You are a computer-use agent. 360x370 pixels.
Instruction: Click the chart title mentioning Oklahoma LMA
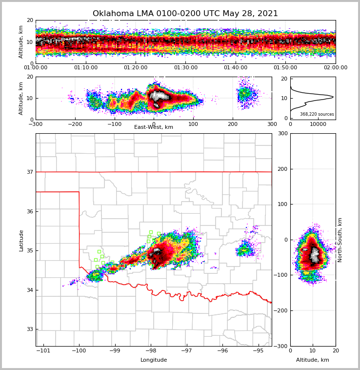(185, 14)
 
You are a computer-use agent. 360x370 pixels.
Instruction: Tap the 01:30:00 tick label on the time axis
(185, 68)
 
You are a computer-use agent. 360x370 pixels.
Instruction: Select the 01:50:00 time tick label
(285, 68)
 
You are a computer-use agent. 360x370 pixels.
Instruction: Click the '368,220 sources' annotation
(317, 114)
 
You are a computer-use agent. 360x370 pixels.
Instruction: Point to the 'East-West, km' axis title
(154, 127)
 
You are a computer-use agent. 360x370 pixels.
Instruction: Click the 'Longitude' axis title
(154, 360)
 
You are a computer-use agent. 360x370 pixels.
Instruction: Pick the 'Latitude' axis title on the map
(21, 240)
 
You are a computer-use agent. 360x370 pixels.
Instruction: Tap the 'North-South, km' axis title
(340, 240)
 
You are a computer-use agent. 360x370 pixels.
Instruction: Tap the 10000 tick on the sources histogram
(318, 124)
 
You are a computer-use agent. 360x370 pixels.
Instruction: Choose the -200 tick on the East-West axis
(75, 124)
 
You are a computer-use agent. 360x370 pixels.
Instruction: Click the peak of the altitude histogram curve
(333, 97)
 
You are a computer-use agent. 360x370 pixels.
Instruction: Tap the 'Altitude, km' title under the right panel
(313, 360)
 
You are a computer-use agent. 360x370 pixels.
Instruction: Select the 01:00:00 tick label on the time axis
(36, 68)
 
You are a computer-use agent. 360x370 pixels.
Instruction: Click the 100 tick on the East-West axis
(193, 124)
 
